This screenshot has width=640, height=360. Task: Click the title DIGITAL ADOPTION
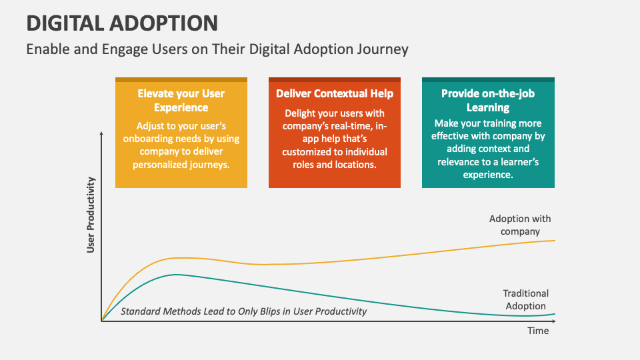pos(122,23)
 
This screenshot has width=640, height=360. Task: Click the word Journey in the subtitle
pos(383,49)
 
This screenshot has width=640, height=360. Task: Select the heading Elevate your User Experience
pos(181,101)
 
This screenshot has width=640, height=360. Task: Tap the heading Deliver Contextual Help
pos(335,94)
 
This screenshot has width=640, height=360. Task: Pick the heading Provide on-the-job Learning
pos(487,101)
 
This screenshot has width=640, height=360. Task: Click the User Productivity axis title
pos(91,215)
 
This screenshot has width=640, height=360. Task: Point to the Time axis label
pos(538,331)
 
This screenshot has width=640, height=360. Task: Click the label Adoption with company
pos(520,225)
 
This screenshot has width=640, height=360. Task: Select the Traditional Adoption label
pos(526,299)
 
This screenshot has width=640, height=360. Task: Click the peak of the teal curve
pos(177,275)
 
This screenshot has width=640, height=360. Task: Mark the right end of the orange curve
pos(555,240)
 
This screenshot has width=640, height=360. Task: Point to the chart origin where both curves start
pos(102,321)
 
